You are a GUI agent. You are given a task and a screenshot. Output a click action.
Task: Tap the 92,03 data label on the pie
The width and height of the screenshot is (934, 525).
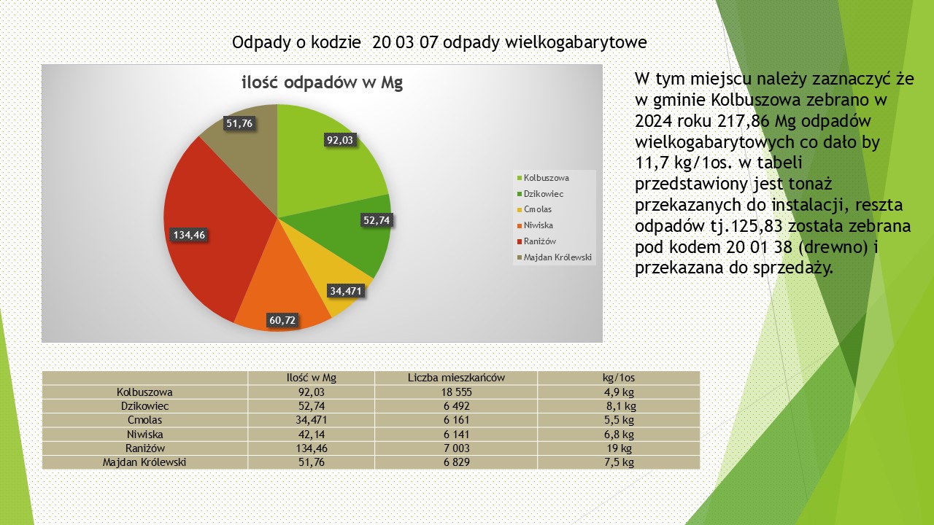point(340,141)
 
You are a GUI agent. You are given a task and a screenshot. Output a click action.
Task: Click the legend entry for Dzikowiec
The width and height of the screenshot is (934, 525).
point(544,194)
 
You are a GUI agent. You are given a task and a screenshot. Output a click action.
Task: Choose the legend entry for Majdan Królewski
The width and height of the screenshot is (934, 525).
point(557,257)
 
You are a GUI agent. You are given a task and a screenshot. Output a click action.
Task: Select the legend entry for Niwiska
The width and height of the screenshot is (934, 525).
point(538,225)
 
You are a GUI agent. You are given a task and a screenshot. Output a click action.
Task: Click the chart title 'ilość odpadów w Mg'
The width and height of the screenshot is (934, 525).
point(322,82)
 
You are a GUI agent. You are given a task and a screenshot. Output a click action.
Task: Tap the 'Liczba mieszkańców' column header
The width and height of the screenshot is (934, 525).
point(456,378)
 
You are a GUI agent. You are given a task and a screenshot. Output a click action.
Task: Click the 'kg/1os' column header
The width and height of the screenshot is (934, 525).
point(619,378)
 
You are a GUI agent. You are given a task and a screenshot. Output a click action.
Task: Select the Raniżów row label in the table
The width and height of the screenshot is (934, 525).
point(144,448)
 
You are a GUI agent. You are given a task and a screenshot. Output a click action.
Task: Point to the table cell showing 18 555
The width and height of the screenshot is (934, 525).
point(456,392)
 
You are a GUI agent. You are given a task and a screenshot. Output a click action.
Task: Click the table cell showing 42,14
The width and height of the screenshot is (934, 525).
point(312,434)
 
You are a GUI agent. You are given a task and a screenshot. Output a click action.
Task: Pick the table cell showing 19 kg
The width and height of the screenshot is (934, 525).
point(619,448)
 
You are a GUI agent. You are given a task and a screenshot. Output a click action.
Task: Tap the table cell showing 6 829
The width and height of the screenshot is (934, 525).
point(456,462)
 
